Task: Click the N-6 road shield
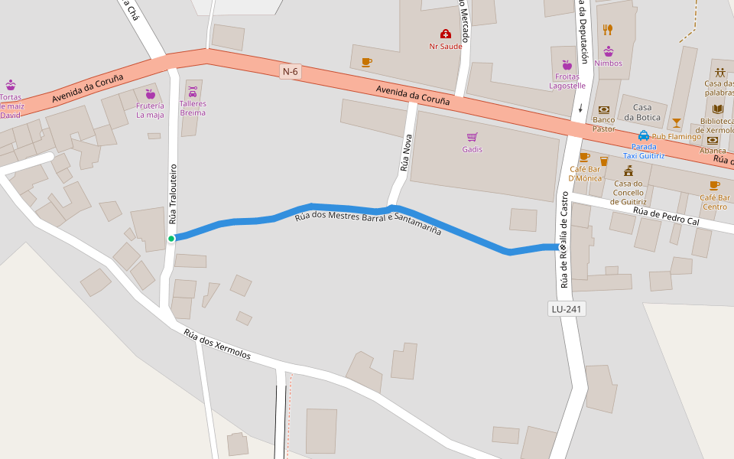click(x=290, y=72)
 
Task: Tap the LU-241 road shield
click(x=567, y=309)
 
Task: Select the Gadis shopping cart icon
click(x=473, y=137)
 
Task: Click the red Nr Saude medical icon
click(x=445, y=34)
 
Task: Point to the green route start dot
click(x=171, y=239)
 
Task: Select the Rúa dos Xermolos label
click(x=217, y=344)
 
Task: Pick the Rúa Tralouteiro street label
click(x=173, y=194)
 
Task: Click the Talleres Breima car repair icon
click(x=192, y=92)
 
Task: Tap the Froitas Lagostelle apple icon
click(x=567, y=65)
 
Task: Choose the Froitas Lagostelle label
click(x=567, y=81)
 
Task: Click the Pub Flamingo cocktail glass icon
click(x=676, y=122)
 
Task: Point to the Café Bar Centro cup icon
click(x=714, y=185)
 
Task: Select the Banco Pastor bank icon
click(x=603, y=109)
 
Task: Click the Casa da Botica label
click(x=641, y=112)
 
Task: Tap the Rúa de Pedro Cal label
click(x=667, y=216)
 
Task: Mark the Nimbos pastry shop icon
click(x=608, y=51)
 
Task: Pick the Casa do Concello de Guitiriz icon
click(x=628, y=170)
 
